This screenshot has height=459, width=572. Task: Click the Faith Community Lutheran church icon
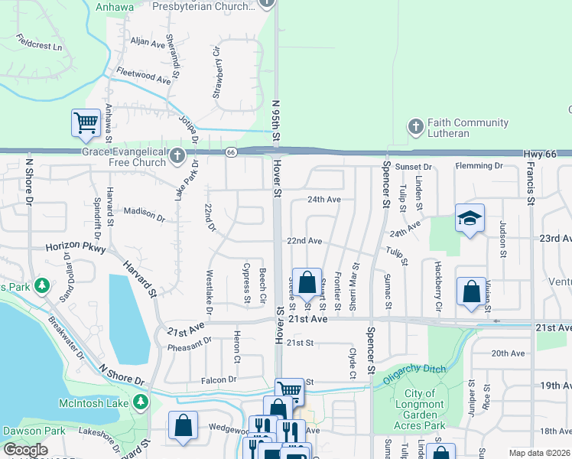(415, 127)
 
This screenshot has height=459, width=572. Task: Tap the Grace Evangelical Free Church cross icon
(177, 156)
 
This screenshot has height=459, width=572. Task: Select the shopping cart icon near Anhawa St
(86, 122)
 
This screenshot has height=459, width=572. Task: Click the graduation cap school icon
(469, 218)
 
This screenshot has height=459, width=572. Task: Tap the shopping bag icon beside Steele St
(307, 282)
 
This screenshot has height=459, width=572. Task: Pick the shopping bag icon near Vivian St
(471, 291)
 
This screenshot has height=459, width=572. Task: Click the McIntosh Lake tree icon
(141, 402)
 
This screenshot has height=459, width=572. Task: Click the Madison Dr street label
(144, 214)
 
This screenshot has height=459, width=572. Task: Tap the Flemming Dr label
(479, 165)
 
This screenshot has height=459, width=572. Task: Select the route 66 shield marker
(230, 152)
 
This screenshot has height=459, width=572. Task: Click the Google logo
(25, 450)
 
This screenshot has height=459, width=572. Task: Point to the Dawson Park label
(33, 431)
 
